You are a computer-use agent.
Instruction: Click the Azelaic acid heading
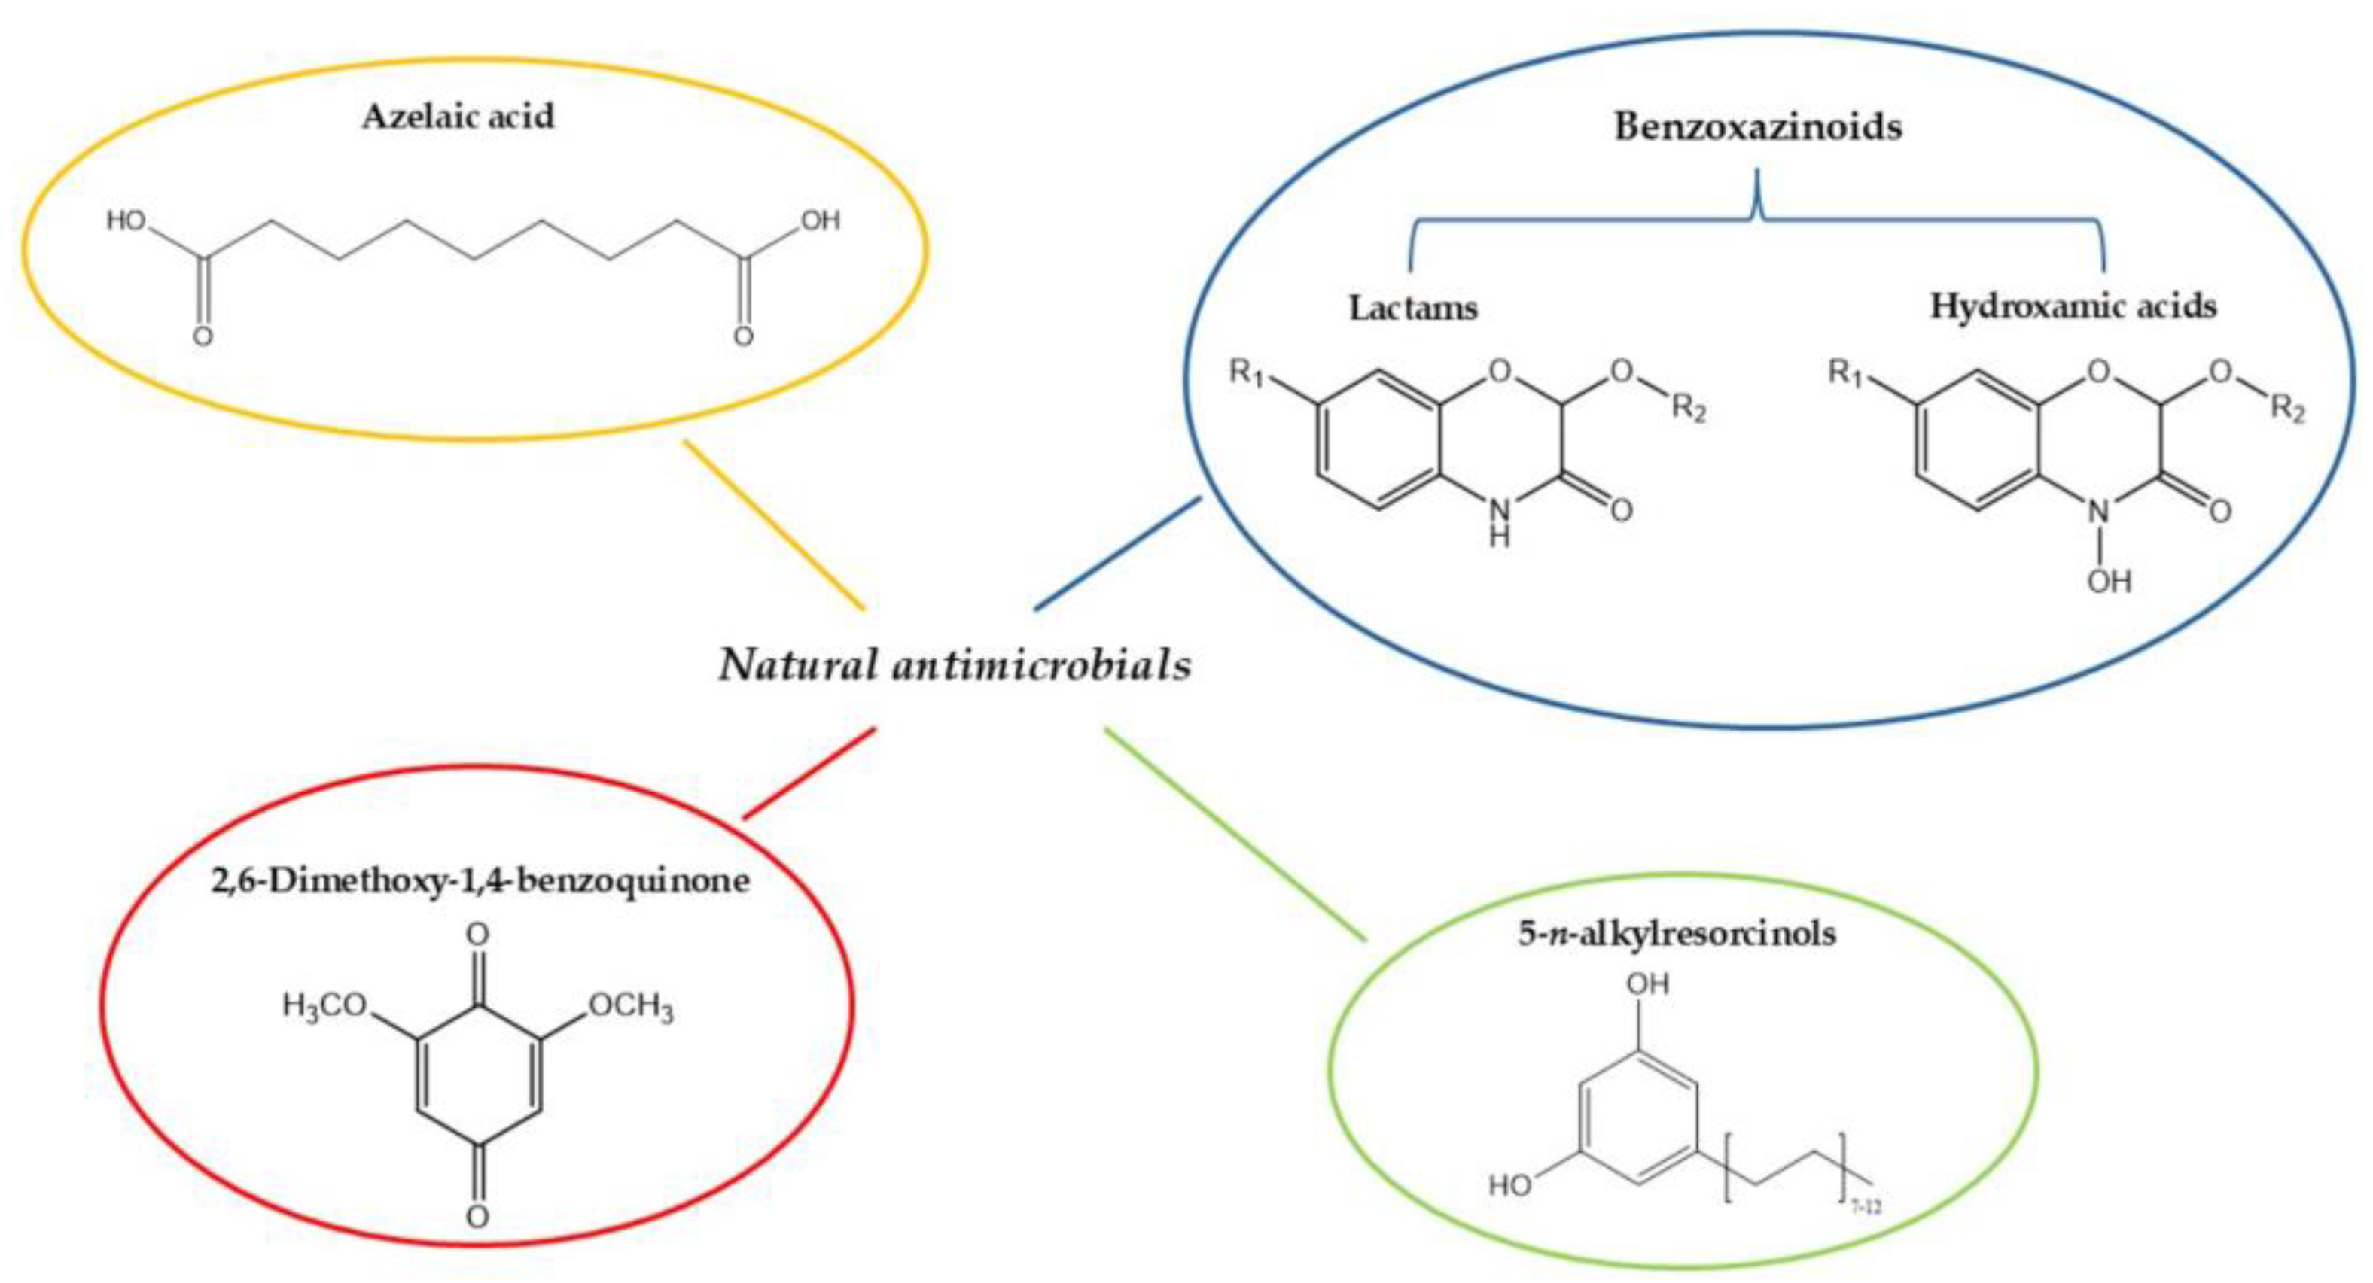pos(458,117)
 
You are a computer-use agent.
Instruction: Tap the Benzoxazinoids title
pos(1758,127)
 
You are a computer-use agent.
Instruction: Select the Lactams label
pos(1413,308)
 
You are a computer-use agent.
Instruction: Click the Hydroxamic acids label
pos(2073,306)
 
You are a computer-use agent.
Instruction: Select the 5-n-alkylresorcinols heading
pos(1677,934)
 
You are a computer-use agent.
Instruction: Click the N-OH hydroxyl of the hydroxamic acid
pos(2110,581)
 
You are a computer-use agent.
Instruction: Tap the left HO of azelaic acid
pos(126,221)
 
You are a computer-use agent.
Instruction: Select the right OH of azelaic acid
pos(820,221)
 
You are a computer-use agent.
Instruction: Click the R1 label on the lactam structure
pos(1247,374)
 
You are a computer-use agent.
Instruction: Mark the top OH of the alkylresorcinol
pos(1647,984)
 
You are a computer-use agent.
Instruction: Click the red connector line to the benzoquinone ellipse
pos(808,772)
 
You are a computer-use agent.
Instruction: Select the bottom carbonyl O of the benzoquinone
pos(477,1217)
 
